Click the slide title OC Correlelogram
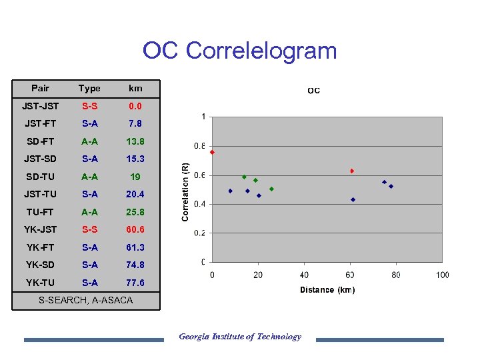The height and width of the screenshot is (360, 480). [x=240, y=51]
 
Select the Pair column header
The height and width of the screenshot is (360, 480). [x=40, y=88]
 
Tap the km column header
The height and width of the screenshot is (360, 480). [x=135, y=88]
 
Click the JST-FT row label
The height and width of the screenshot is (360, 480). [x=41, y=123]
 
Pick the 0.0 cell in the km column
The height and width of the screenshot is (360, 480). [x=135, y=106]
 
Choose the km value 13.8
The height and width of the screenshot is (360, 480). [x=135, y=141]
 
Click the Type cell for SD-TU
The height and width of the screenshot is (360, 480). [x=89, y=177]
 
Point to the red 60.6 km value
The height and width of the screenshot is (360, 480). [x=135, y=229]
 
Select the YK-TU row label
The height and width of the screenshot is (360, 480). [x=41, y=283]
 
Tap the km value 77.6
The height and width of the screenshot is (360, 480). [x=135, y=283]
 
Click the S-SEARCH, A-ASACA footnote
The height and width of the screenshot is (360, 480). [x=85, y=301]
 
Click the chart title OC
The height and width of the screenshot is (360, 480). [x=313, y=91]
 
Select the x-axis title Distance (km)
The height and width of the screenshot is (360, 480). [x=327, y=290]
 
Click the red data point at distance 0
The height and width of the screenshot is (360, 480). [x=213, y=152]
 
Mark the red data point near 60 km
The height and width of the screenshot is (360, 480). [x=352, y=171]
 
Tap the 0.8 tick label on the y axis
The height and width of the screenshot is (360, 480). [x=199, y=146]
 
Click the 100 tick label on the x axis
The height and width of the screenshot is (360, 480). [x=442, y=275]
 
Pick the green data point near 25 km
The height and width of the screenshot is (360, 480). [x=271, y=189]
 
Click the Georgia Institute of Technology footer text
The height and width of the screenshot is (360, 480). [x=240, y=337]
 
